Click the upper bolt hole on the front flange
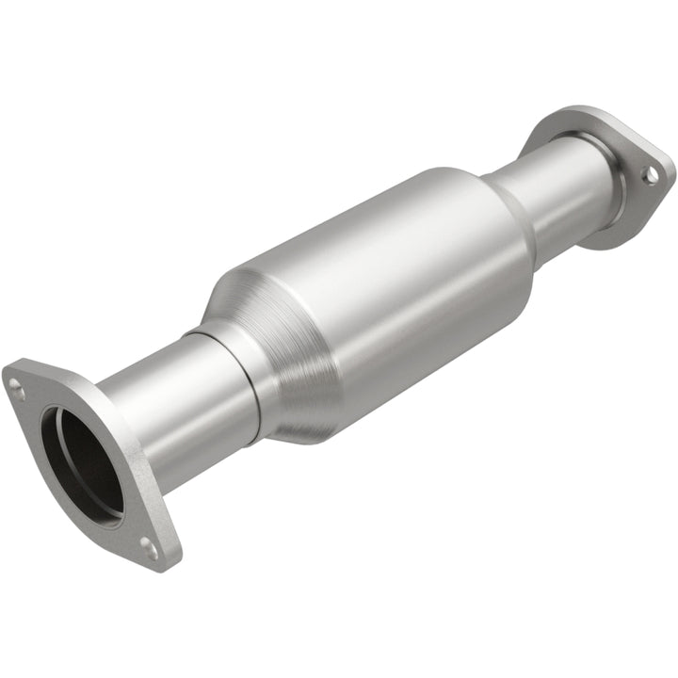click(16, 383)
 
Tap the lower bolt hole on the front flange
click(148, 542)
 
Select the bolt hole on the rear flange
click(648, 174)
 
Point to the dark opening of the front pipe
click(80, 461)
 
